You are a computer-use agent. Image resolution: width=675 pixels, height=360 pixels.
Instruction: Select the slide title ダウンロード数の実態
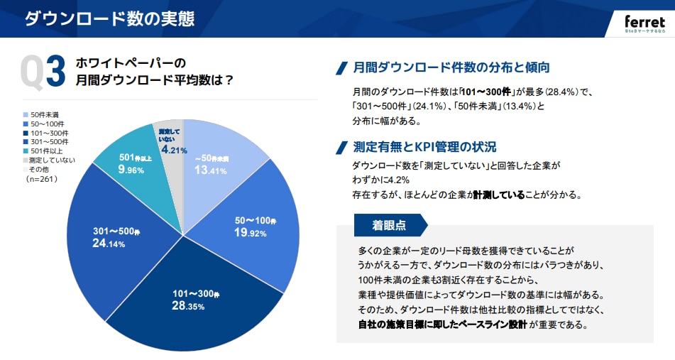[110, 18]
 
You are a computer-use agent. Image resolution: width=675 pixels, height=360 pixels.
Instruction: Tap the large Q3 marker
[44, 73]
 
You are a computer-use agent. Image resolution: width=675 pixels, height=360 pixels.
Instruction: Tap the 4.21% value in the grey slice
[173, 150]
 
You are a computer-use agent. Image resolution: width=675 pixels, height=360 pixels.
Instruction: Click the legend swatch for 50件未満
[26, 114]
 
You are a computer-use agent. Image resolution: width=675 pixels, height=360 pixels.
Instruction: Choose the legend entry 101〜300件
[49, 133]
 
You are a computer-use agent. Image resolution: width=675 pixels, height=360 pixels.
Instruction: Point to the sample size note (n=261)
[42, 179]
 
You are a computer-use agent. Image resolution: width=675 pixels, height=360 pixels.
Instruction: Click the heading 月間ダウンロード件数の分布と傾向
[451, 68]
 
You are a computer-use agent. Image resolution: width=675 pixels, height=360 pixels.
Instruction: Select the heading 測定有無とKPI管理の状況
[424, 147]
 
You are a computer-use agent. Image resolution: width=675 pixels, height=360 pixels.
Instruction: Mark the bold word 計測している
[498, 195]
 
